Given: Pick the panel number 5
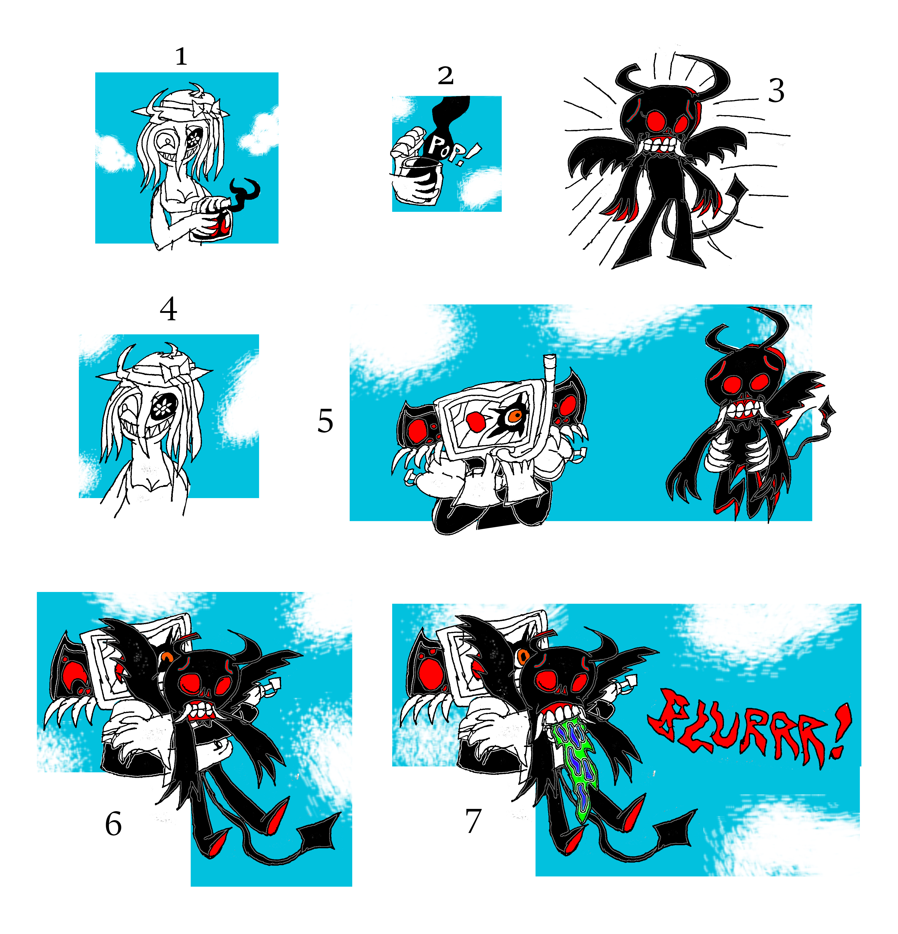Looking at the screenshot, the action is point(325,421).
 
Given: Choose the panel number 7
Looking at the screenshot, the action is point(473,821).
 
